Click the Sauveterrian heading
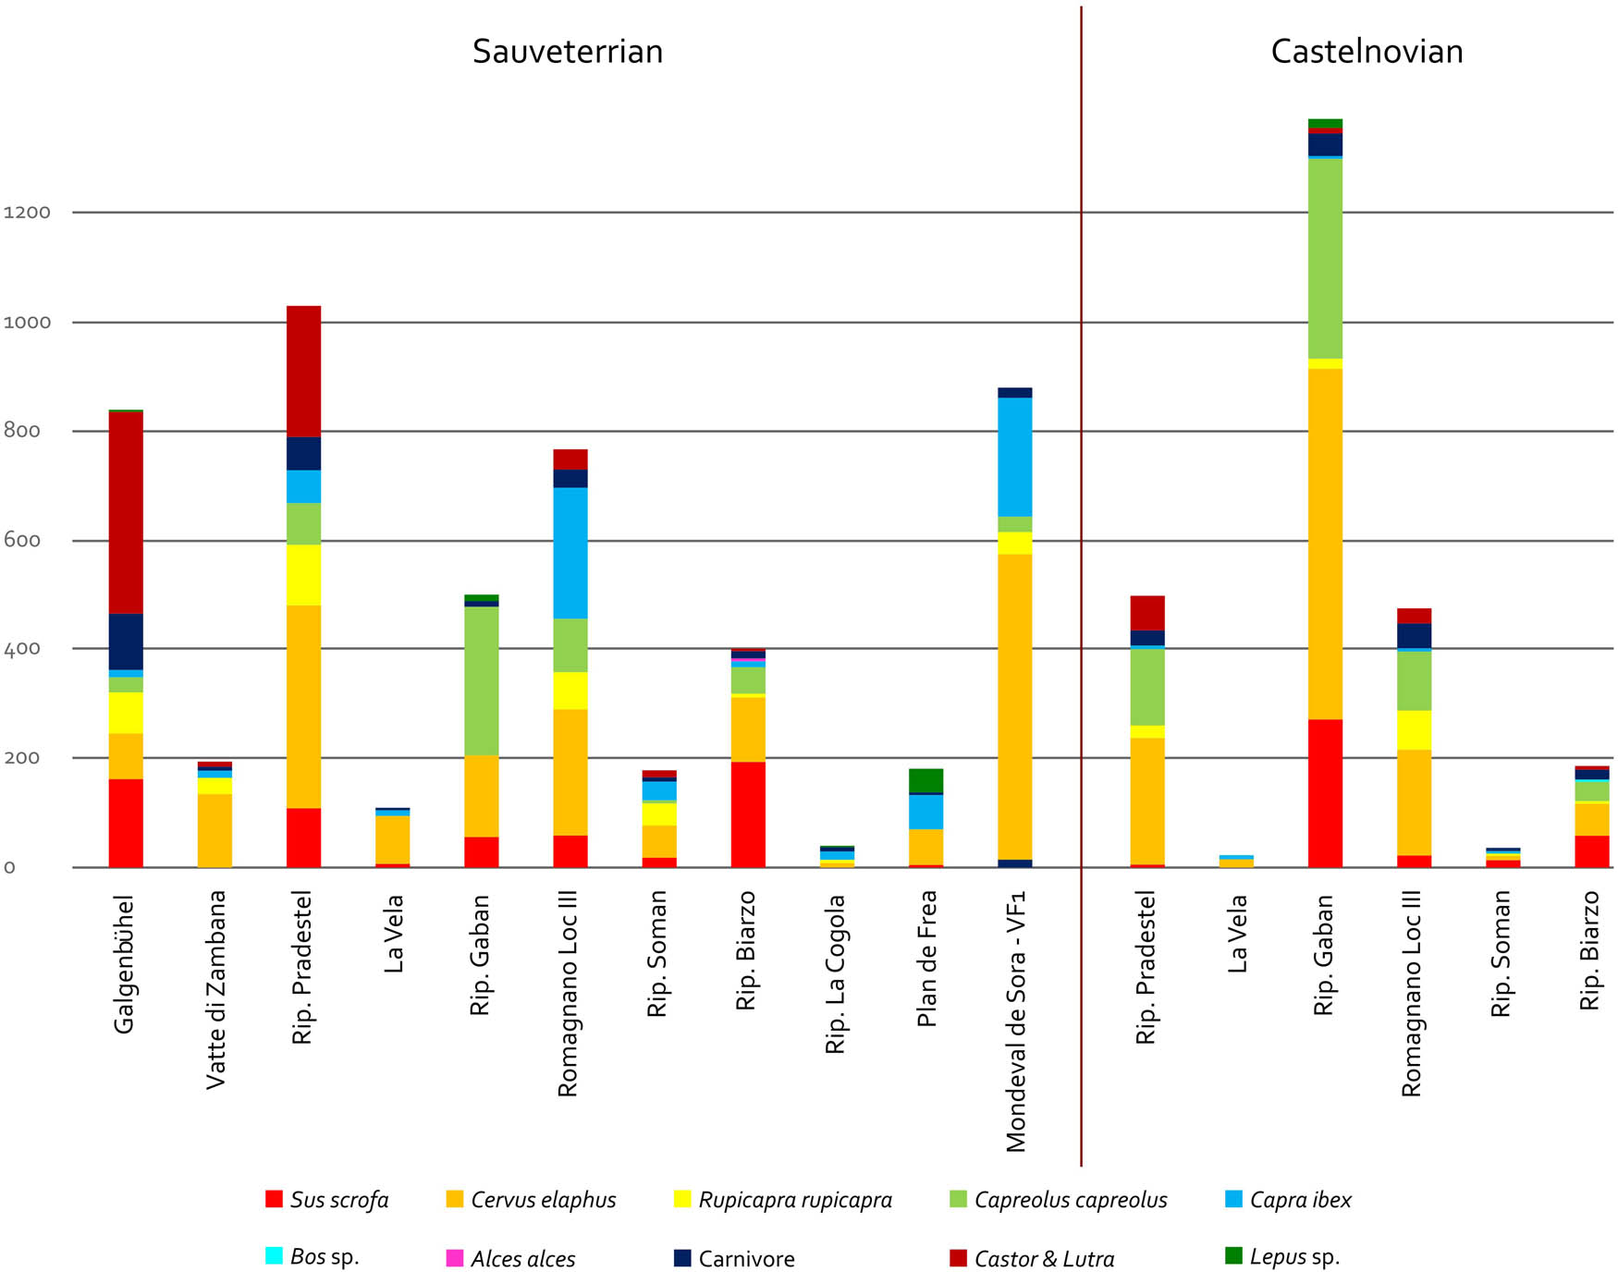pos(568,52)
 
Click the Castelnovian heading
pos(1367,52)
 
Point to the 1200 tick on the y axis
pos(27,213)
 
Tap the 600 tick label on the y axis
pos(22,541)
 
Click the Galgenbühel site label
pos(124,963)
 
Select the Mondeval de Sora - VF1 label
pos(1016,1021)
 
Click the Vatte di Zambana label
pos(215,989)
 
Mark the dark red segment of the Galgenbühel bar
pos(126,513)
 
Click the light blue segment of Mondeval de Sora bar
pos(1015,457)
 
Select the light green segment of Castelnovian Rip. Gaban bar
pos(1325,259)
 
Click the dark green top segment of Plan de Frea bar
pos(926,780)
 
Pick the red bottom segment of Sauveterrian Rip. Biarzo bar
pos(748,813)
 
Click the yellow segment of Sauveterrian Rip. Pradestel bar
pos(304,575)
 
